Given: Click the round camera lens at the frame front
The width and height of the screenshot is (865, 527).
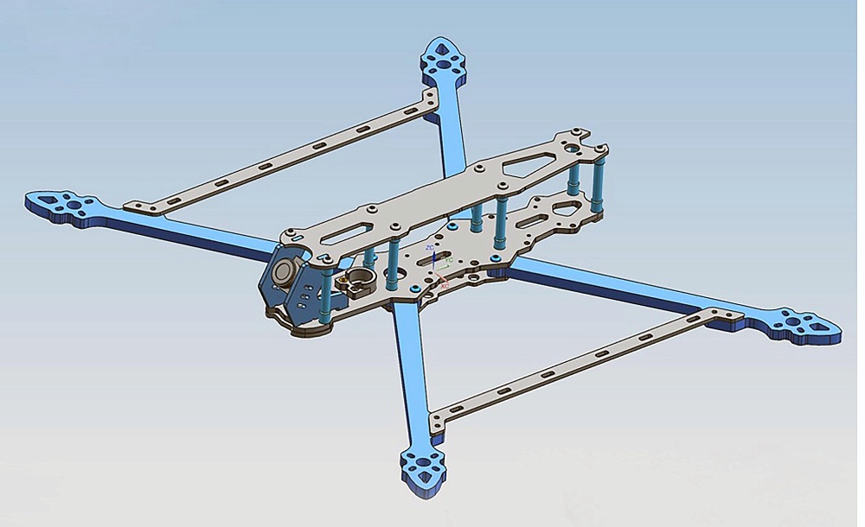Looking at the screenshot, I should tap(284, 273).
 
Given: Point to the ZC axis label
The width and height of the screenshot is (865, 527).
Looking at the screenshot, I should tap(432, 248).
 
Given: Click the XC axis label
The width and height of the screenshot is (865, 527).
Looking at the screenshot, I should tap(444, 284).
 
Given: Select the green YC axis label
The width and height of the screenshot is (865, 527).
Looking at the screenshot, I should tap(449, 259).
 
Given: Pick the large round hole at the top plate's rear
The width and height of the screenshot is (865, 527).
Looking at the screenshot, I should tap(573, 149).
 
